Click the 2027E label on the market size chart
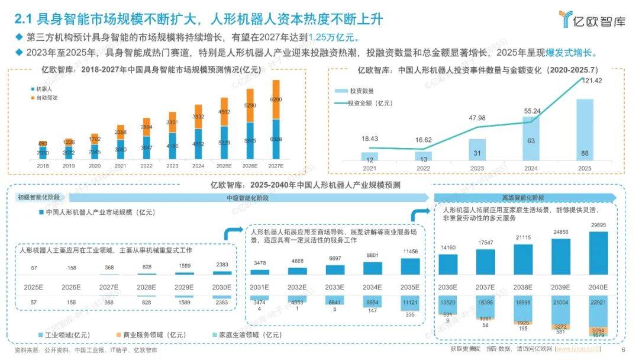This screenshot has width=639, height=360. point(275,166)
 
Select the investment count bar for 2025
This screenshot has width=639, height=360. point(585,130)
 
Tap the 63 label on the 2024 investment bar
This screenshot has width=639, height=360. point(531,141)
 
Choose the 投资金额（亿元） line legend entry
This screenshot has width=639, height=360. point(370,104)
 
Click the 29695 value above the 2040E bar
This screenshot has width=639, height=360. point(599,226)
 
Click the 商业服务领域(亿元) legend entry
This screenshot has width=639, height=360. point(146,335)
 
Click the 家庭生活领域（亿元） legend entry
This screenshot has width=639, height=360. point(241,335)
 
